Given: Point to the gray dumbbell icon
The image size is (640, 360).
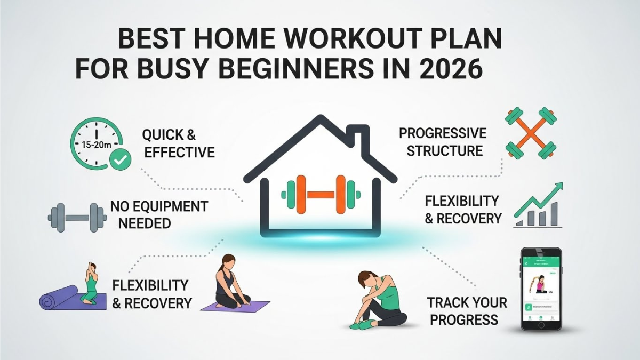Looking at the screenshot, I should [x=77, y=217].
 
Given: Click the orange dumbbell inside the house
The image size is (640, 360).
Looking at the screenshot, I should [x=320, y=194].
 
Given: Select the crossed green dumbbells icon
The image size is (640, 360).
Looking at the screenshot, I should [x=530, y=133].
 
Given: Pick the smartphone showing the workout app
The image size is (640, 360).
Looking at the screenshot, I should [x=541, y=288].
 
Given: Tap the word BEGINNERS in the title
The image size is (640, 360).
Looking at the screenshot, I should [x=282, y=70].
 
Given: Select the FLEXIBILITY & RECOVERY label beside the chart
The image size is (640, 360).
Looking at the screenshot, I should [x=463, y=210].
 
